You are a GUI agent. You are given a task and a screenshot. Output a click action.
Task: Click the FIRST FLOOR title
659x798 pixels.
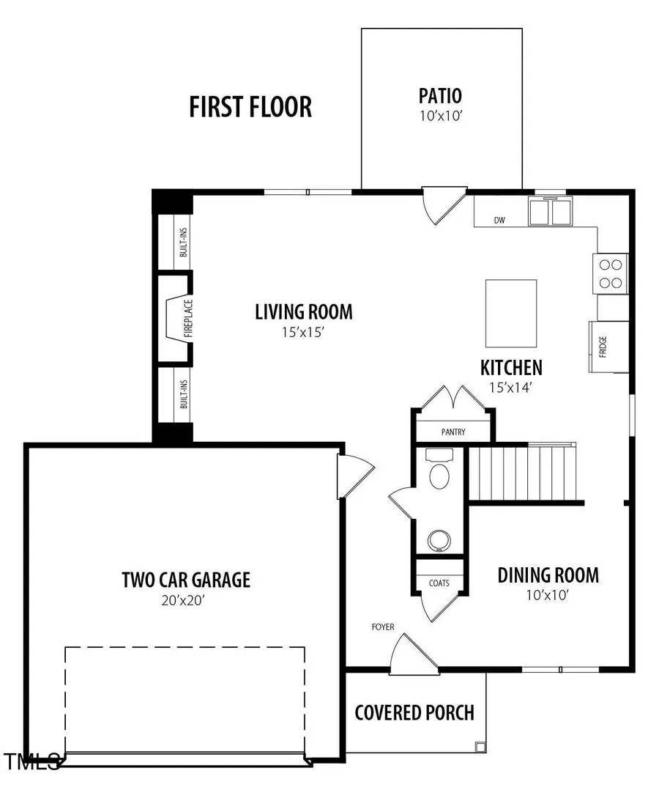coord(250,106)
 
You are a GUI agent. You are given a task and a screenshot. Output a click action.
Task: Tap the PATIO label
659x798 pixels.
coord(440,96)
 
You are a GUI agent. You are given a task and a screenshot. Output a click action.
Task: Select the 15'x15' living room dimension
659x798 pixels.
coord(303,332)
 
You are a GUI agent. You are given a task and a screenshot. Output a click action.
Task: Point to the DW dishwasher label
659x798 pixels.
coord(499,220)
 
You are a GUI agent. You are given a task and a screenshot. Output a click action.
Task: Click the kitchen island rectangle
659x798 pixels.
coord(511,313)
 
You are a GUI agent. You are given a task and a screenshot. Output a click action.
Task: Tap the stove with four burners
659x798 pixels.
coord(611,274)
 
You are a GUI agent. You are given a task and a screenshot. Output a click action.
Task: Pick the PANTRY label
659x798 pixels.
coord(453,432)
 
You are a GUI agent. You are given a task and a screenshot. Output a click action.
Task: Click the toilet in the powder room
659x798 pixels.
coord(439,470)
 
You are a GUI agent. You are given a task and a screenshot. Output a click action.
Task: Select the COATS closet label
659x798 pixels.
coord(439,583)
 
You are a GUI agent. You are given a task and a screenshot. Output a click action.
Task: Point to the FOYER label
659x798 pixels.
coord(382,627)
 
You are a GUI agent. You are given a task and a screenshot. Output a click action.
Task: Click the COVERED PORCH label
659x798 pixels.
coord(414,712)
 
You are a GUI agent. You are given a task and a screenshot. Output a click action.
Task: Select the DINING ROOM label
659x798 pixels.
coord(548,575)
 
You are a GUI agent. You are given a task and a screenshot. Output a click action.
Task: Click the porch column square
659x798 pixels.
coord(480,747)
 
